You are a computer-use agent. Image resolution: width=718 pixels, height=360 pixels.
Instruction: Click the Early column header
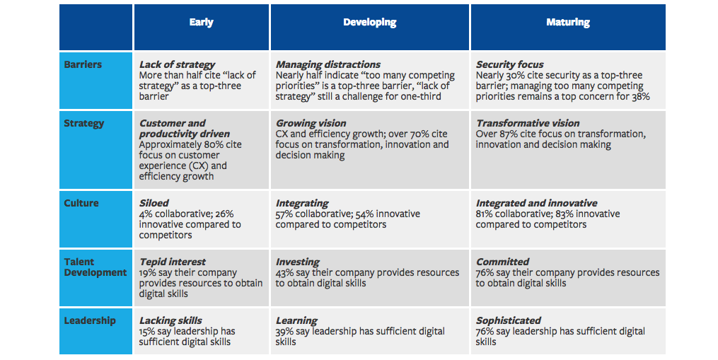coord(201,23)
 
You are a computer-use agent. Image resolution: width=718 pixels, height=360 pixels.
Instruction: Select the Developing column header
coord(370,23)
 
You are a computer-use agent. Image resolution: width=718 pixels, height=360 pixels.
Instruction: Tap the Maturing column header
coord(567,23)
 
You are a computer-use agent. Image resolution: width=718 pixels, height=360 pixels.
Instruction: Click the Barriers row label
coord(83,64)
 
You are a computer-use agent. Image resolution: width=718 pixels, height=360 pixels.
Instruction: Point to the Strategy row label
coord(84,123)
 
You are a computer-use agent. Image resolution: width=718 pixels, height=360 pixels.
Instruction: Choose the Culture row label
coord(81,203)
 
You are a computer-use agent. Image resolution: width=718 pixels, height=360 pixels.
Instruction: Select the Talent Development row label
coord(95,267)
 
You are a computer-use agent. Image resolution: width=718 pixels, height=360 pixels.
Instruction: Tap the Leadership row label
coord(90,320)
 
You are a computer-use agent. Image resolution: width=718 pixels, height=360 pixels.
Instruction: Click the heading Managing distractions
coord(328,64)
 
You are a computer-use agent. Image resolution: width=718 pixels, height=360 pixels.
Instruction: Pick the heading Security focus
coord(509,64)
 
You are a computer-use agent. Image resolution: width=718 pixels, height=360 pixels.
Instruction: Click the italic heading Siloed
coord(154,203)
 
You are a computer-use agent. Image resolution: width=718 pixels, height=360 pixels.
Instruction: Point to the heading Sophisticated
coord(508,320)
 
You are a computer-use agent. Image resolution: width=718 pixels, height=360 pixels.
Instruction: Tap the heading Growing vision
coord(312,123)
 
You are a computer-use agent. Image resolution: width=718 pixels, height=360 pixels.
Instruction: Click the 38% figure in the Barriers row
coord(639,96)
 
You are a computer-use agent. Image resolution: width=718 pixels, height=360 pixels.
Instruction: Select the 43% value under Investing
coord(286,272)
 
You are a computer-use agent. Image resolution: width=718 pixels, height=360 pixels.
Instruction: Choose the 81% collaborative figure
coord(485,214)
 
